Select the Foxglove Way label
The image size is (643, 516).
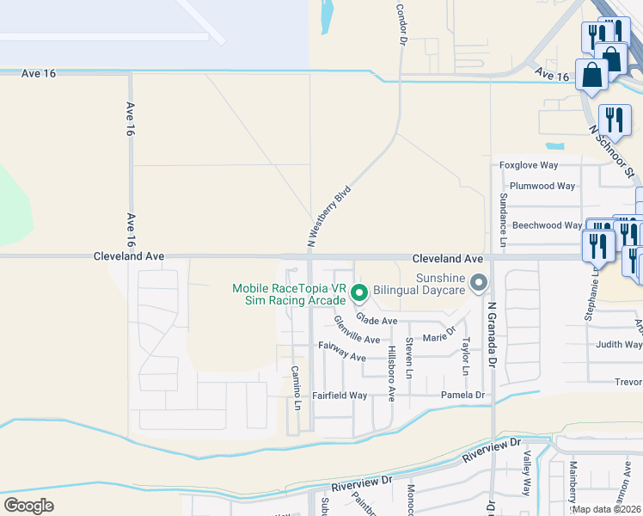pos(529,165)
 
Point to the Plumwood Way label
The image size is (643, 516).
pos(542,186)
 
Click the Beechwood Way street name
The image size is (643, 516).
pos(547,225)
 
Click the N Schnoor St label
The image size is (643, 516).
pos(612,150)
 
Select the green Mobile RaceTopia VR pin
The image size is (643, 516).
pos(360,294)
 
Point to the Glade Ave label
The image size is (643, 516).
pos(377,321)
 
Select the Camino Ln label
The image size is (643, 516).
pos(297,386)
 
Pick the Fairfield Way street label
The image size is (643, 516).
pos(340,396)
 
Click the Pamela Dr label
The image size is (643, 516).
pos(462,396)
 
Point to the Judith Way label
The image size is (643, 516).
pos(619,345)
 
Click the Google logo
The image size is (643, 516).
pos(28,506)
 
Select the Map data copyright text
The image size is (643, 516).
pos(607,509)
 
